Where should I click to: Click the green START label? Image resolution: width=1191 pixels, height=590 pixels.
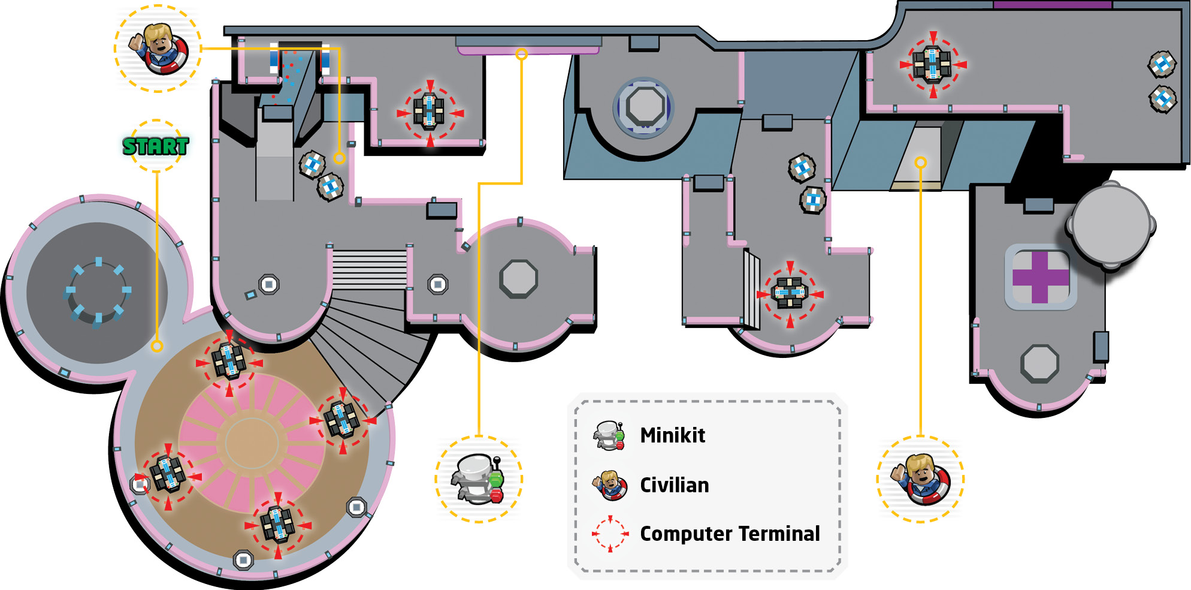(156, 146)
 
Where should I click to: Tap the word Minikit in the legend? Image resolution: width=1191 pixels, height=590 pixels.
(672, 435)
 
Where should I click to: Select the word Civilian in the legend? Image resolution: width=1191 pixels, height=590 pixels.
(674, 484)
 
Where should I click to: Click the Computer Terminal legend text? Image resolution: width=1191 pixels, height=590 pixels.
(730, 533)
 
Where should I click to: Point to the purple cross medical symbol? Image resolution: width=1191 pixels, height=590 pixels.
(1041, 277)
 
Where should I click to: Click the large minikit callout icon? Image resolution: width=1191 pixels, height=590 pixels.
(478, 478)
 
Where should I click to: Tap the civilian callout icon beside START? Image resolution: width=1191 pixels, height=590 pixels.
(158, 49)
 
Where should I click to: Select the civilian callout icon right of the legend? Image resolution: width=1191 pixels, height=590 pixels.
(921, 479)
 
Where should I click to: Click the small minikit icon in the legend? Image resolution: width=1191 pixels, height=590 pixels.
(609, 435)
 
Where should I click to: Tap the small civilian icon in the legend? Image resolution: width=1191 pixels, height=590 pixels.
(610, 485)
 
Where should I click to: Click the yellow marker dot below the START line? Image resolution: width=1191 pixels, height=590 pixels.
(157, 346)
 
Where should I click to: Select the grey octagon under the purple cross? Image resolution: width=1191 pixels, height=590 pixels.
(1040, 363)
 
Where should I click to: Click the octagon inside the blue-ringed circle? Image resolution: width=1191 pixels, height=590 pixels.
(644, 107)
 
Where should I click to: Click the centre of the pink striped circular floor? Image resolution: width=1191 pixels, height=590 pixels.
(252, 442)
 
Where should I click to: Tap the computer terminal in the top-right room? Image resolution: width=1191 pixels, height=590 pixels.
(932, 64)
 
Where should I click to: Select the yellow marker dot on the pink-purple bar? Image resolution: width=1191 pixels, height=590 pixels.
(522, 54)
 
